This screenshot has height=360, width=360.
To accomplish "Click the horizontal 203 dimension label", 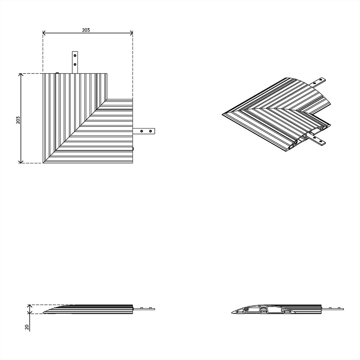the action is [86, 30].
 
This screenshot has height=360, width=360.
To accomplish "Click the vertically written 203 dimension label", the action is [18, 120].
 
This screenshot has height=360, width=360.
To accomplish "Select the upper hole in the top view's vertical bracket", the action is [75, 55].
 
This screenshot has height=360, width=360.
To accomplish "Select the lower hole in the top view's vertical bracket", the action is [75, 64].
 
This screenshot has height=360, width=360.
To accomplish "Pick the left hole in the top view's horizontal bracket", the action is [142, 131].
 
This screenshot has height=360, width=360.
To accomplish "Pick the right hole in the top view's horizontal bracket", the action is [151, 131].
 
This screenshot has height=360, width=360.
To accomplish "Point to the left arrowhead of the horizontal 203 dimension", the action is [44, 33].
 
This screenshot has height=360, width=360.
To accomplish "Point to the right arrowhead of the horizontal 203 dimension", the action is [131, 33].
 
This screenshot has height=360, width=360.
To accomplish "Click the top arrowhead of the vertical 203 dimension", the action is [21, 75].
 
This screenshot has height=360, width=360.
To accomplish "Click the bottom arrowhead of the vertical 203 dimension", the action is [21, 162].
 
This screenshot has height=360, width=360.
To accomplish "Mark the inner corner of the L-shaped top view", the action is [107, 99].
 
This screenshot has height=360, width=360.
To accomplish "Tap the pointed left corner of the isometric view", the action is [222, 114].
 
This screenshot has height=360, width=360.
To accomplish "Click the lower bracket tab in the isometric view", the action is [317, 139].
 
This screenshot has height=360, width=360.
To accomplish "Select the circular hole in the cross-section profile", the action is [246, 310].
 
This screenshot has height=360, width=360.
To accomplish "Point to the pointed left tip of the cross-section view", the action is [232, 312].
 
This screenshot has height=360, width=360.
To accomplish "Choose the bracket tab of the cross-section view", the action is [332, 309].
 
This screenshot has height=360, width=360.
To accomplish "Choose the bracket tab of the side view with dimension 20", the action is [144, 309].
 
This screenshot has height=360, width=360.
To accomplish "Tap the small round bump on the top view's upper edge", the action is [57, 73].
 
